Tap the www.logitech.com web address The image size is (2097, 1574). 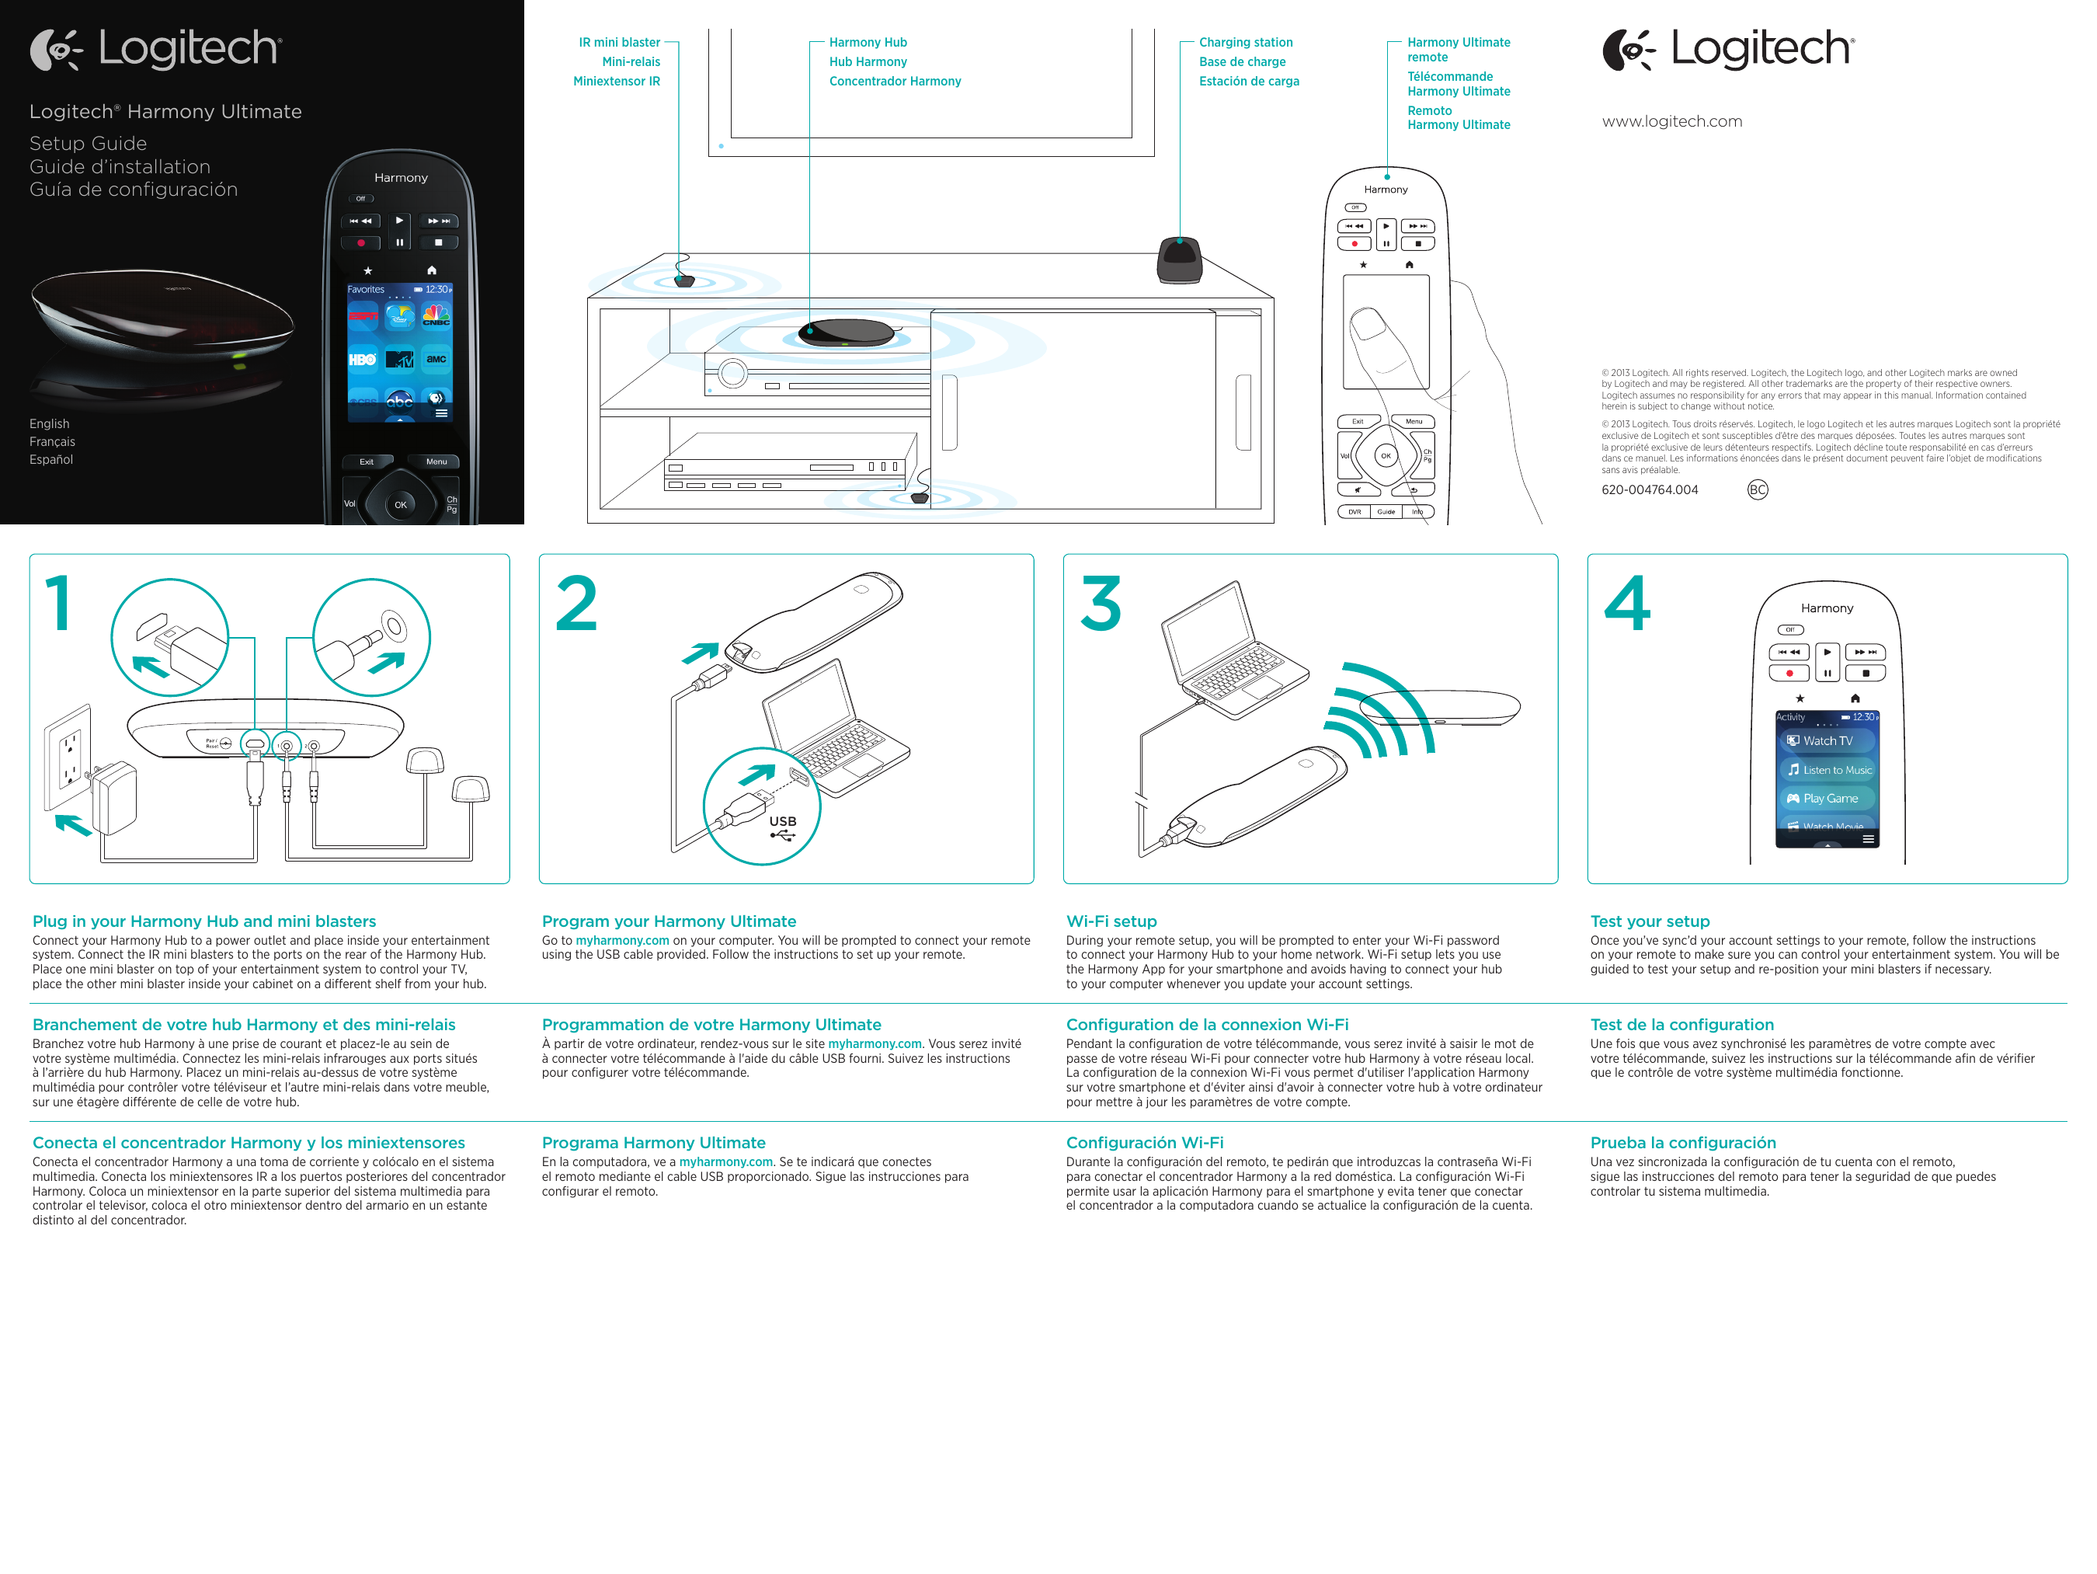pos(1671,121)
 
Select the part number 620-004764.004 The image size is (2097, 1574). pos(1649,490)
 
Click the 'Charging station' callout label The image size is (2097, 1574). pos(1245,43)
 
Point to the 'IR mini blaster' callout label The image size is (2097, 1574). pos(619,43)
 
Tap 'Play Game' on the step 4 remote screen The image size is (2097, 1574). pos(1829,799)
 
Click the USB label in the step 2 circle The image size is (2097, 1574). pos(782,821)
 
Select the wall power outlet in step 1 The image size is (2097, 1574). pos(69,757)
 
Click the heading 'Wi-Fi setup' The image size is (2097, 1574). pos(1111,921)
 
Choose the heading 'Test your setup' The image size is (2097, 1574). pos(1650,921)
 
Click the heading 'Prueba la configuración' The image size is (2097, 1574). pos(1683,1143)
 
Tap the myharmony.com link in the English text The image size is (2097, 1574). pos(622,941)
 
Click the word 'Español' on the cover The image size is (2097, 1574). pos(51,460)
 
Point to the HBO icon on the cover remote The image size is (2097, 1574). pos(362,360)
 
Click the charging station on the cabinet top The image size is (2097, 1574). pos(1179,259)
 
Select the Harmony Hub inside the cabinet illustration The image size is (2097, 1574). pos(846,334)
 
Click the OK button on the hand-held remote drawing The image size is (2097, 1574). pos(1385,456)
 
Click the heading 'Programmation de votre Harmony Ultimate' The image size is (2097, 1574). pos(711,1024)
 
